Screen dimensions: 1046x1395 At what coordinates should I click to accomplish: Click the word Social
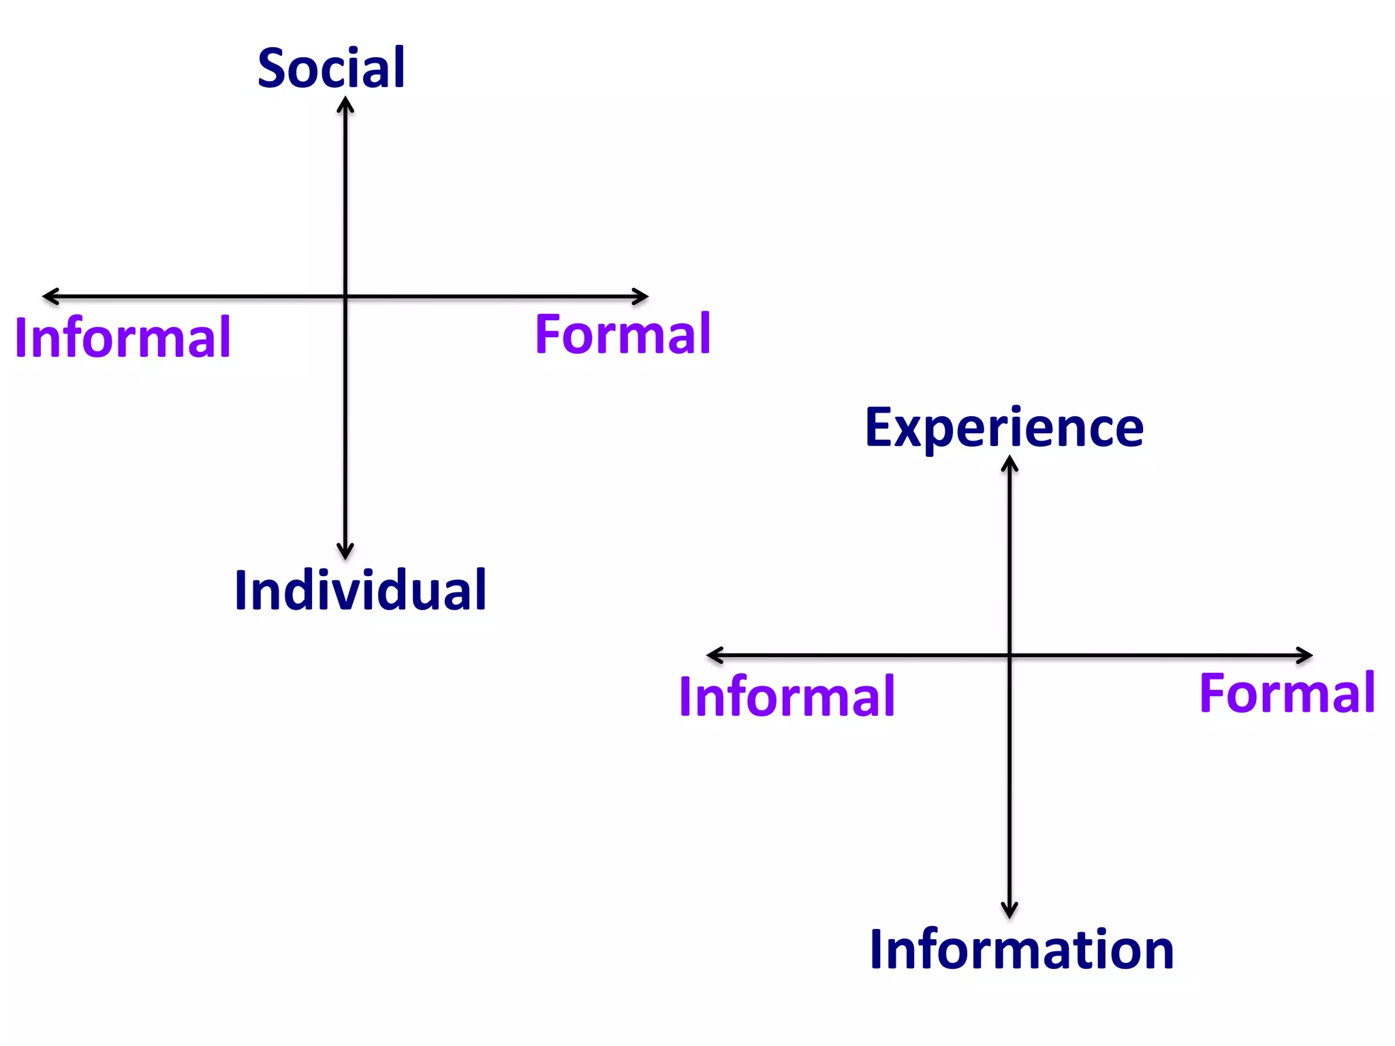[331, 68]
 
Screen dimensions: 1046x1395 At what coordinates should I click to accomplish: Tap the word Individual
[360, 590]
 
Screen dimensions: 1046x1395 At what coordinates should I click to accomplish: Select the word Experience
[1004, 428]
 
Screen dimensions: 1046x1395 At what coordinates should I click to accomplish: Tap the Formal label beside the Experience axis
[1287, 693]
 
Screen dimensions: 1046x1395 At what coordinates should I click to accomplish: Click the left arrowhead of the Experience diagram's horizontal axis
[712, 655]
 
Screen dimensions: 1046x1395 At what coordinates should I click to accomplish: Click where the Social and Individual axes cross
[345, 296]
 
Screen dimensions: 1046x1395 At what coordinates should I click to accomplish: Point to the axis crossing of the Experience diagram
[1009, 655]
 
